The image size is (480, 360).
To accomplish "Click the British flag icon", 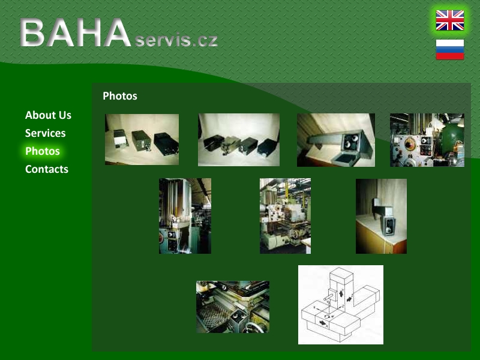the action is [x=449, y=20].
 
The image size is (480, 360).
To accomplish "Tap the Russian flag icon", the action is [x=449, y=49].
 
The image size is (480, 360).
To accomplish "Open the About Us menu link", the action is [x=48, y=115].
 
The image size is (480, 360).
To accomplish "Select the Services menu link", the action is [x=46, y=133].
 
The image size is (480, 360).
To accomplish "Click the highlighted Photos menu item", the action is [x=43, y=151].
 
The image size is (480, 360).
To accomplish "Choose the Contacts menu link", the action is [x=47, y=169].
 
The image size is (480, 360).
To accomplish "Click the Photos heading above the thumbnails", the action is [x=120, y=96].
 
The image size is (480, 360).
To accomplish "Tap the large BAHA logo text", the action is [x=76, y=32].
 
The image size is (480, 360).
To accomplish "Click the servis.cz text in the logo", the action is [x=176, y=40].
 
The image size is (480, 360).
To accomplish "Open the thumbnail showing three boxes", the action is [x=142, y=139].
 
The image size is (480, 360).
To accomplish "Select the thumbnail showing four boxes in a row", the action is [x=239, y=140].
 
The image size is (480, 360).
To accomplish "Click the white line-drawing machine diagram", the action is [x=341, y=305].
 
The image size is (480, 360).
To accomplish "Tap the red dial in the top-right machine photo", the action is [x=410, y=143].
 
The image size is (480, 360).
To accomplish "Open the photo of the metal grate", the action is [x=233, y=307].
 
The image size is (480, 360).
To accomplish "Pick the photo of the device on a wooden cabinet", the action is [x=381, y=216].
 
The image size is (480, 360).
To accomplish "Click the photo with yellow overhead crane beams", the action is [x=286, y=216].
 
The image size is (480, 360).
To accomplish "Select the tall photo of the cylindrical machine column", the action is [x=185, y=216].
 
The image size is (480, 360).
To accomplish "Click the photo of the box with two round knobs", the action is [x=336, y=140].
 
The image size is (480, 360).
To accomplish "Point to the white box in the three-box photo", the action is [x=121, y=139].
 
